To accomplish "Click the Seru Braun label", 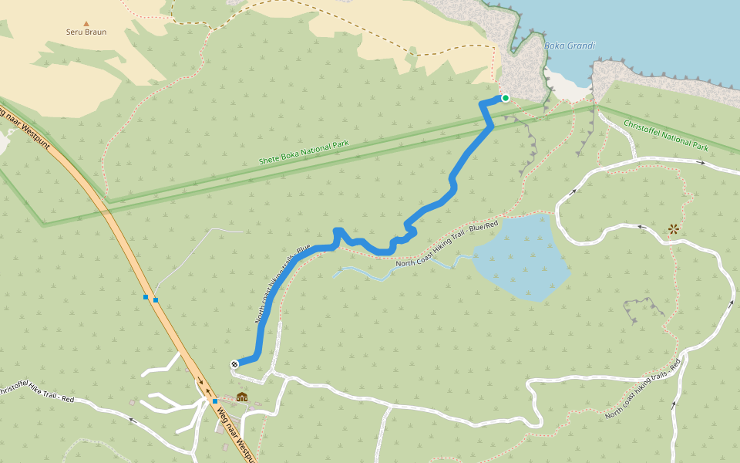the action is [x=86, y=32].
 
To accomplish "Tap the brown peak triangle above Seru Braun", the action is [x=86, y=23].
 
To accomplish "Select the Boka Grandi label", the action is [x=570, y=46].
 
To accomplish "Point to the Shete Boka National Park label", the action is [x=304, y=152].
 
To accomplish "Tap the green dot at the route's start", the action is [x=506, y=98].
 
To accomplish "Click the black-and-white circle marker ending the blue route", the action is [x=234, y=364].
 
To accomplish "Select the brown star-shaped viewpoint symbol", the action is [x=674, y=228].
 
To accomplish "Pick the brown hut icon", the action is [x=242, y=397].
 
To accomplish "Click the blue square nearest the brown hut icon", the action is [x=215, y=401].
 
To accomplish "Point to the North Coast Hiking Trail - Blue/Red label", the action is [x=447, y=244].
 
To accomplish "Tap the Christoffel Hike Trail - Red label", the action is [x=35, y=394].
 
